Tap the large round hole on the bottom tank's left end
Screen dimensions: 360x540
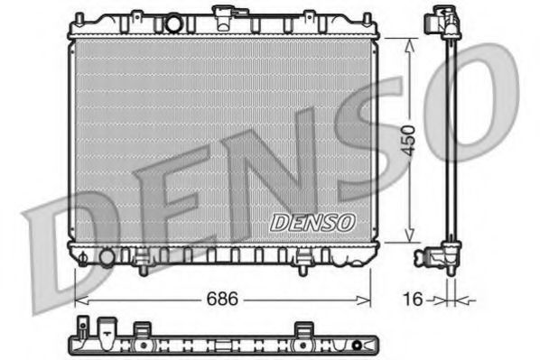107,257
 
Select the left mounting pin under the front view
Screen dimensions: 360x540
142,266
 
